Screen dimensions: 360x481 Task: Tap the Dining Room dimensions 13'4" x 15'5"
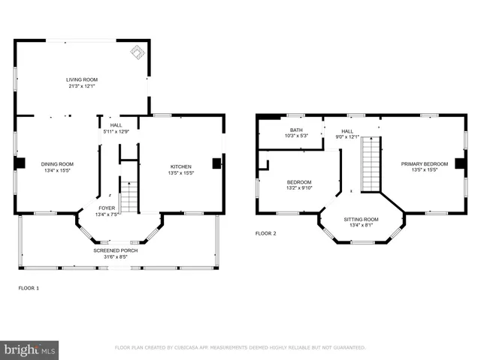click(x=56, y=170)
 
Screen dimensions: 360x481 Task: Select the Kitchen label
click(x=180, y=166)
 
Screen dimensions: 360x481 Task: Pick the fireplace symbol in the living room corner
click(x=138, y=52)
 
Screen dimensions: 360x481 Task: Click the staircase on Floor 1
click(x=129, y=197)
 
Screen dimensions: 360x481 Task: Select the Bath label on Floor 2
click(x=286, y=130)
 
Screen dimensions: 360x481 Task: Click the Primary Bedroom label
click(x=424, y=163)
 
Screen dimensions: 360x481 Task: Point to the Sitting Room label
click(x=362, y=220)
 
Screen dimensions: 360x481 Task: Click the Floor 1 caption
click(x=29, y=287)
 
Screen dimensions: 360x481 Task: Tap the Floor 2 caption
click(x=265, y=233)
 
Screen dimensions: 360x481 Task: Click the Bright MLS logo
click(x=29, y=349)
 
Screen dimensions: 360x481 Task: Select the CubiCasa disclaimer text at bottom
click(x=240, y=348)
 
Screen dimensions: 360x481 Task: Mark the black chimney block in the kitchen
click(x=216, y=163)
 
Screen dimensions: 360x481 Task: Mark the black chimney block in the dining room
click(x=21, y=163)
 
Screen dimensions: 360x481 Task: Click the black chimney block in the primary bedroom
click(x=458, y=163)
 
